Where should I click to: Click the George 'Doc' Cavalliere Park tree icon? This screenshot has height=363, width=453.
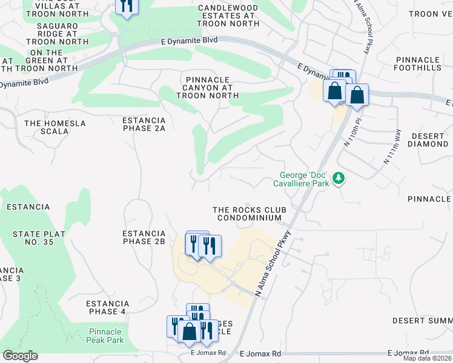click(x=340, y=178)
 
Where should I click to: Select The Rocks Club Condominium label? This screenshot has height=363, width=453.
click(x=249, y=214)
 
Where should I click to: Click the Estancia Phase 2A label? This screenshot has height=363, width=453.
click(x=144, y=124)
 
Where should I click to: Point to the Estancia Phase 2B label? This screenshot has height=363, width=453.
click(x=144, y=237)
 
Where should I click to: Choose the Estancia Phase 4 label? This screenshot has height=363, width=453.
click(x=107, y=307)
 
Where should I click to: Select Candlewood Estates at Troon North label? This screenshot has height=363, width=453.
click(x=228, y=16)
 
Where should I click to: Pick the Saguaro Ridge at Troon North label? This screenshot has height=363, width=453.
click(x=62, y=33)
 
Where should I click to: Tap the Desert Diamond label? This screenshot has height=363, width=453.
click(x=428, y=140)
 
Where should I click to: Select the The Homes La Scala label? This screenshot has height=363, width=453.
click(x=55, y=127)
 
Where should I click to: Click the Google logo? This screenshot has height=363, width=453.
click(x=20, y=356)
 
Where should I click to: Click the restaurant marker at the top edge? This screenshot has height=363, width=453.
click(x=126, y=6)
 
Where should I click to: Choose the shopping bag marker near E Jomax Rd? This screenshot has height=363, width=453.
click(x=190, y=331)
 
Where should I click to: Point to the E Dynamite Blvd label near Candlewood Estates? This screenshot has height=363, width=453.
click(x=188, y=39)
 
